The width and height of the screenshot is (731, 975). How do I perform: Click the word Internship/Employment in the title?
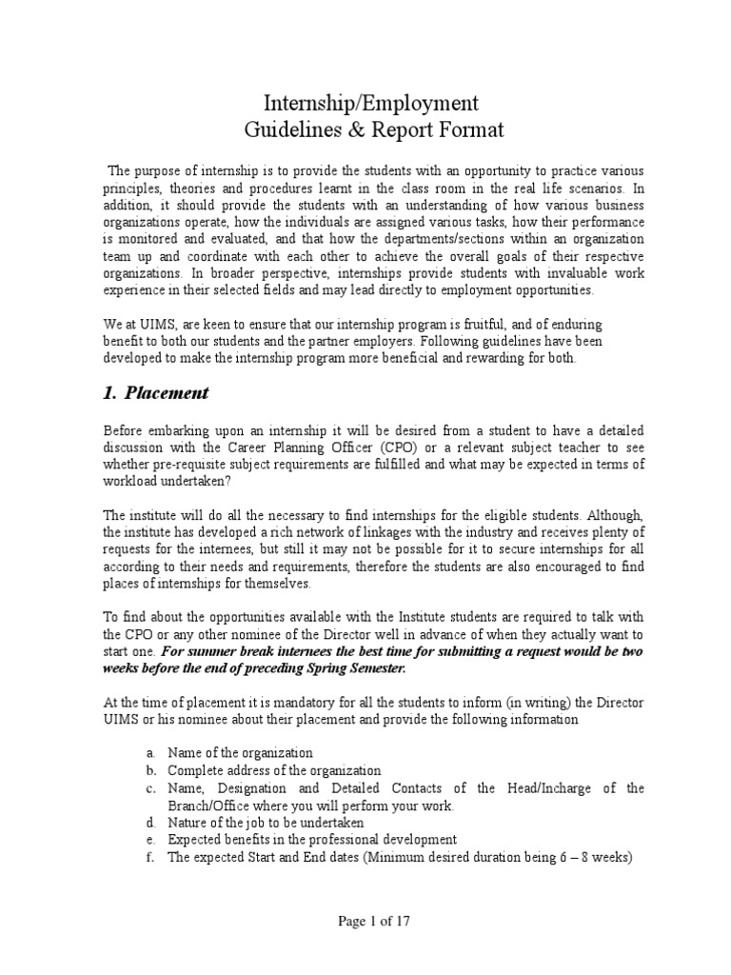point(371,102)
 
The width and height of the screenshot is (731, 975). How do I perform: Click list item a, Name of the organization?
point(240,753)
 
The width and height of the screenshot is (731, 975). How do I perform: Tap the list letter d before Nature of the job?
point(150,822)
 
